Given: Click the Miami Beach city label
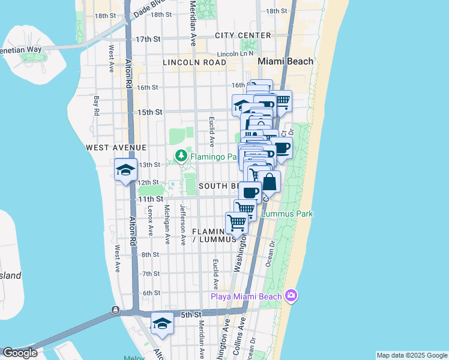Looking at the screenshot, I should (x=285, y=61).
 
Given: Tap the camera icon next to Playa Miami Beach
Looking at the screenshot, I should (x=291, y=295).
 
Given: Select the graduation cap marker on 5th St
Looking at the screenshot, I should (x=162, y=324).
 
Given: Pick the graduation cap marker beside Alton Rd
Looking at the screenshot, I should (x=125, y=169).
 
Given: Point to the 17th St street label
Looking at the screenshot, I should (x=148, y=39).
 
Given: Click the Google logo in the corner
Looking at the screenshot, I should (x=20, y=353).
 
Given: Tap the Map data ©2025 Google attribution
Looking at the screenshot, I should (x=412, y=355).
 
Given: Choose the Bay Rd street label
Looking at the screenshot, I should (x=96, y=106).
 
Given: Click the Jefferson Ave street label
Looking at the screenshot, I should (x=183, y=224).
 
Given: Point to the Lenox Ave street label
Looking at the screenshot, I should (x=150, y=222).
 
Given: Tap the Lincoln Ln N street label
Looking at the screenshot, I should (x=236, y=54).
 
